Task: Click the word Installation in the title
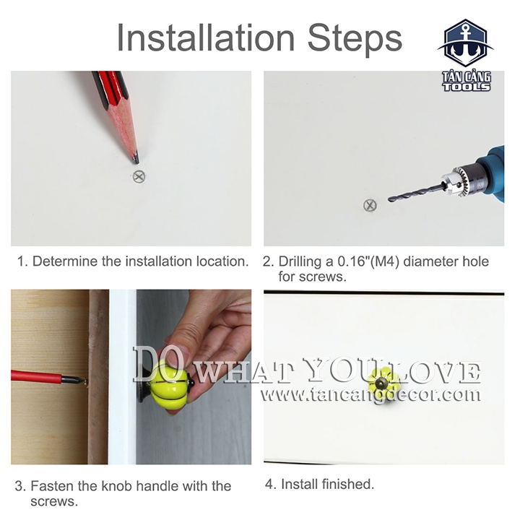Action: coord(206,37)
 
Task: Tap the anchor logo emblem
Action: coord(465,43)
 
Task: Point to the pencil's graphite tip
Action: coord(136,159)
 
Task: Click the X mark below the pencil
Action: coord(139,176)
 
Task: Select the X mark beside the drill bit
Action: coord(370,205)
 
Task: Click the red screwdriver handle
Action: coord(36,376)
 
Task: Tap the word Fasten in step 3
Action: coord(53,486)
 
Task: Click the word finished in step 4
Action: coord(348,484)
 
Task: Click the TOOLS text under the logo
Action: coord(467,87)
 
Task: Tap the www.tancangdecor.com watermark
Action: coord(370,394)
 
